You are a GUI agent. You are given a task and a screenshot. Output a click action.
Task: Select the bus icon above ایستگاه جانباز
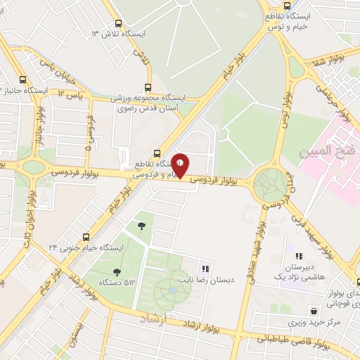coord(23,79)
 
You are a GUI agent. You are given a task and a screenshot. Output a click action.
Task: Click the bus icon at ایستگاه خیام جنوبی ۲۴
coord(86,237)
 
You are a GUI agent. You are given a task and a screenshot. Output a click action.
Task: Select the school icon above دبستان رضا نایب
coord(206,268)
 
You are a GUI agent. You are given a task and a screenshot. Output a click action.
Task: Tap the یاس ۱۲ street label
coord(72,94)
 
